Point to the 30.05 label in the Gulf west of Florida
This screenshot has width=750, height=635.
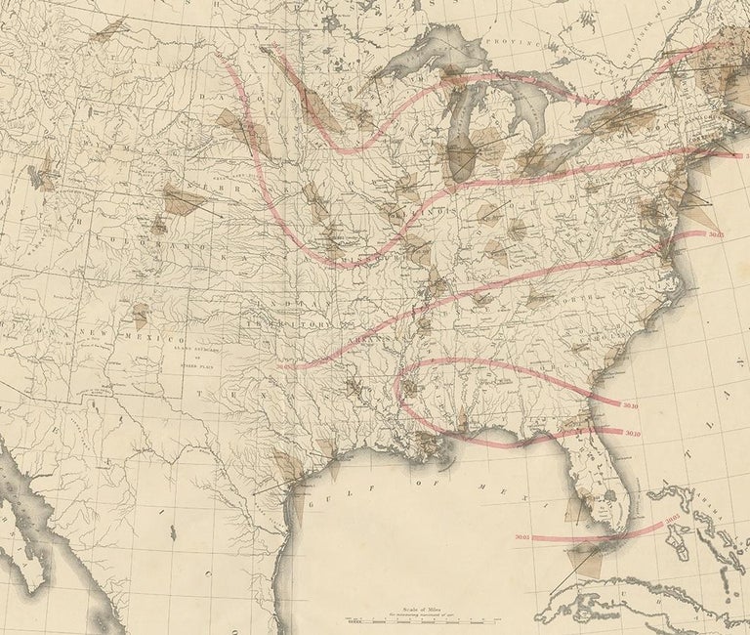point(520,535)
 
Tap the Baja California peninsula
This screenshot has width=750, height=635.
point(29,528)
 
